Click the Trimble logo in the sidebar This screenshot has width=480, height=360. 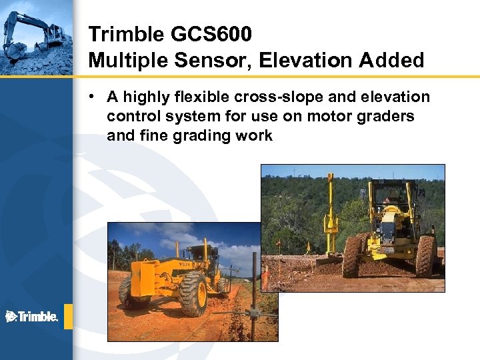(32, 316)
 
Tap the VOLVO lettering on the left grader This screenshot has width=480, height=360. (184, 264)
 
